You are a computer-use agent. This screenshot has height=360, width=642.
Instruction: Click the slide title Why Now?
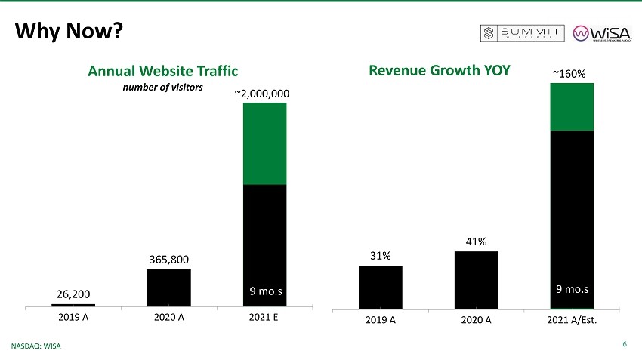(x=69, y=31)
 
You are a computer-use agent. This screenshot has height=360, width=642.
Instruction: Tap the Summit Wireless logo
(x=523, y=32)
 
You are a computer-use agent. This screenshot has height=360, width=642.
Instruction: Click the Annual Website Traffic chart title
(x=162, y=71)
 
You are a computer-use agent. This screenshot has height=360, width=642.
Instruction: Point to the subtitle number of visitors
(x=163, y=88)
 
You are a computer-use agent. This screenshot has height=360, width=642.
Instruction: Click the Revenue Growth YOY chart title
(x=439, y=70)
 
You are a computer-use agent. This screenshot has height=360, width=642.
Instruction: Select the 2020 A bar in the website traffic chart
(x=168, y=288)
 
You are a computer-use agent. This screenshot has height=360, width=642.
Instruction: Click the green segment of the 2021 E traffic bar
(x=264, y=143)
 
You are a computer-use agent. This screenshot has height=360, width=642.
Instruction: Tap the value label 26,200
(x=73, y=293)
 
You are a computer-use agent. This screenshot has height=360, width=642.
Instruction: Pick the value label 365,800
(x=168, y=260)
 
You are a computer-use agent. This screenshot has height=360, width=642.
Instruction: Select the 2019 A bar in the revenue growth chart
(x=380, y=287)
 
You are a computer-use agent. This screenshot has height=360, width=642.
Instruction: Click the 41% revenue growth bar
(x=476, y=280)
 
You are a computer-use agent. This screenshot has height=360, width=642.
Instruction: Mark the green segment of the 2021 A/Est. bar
(x=571, y=106)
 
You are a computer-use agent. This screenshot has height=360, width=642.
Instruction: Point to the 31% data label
(x=380, y=256)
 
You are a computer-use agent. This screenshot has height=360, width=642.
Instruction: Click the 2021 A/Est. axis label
(x=571, y=320)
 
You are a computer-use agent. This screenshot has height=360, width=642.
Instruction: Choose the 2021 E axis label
(x=264, y=317)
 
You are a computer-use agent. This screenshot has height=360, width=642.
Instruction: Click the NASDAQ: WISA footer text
(x=36, y=346)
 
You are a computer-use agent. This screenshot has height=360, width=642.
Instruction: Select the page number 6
(x=625, y=345)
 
